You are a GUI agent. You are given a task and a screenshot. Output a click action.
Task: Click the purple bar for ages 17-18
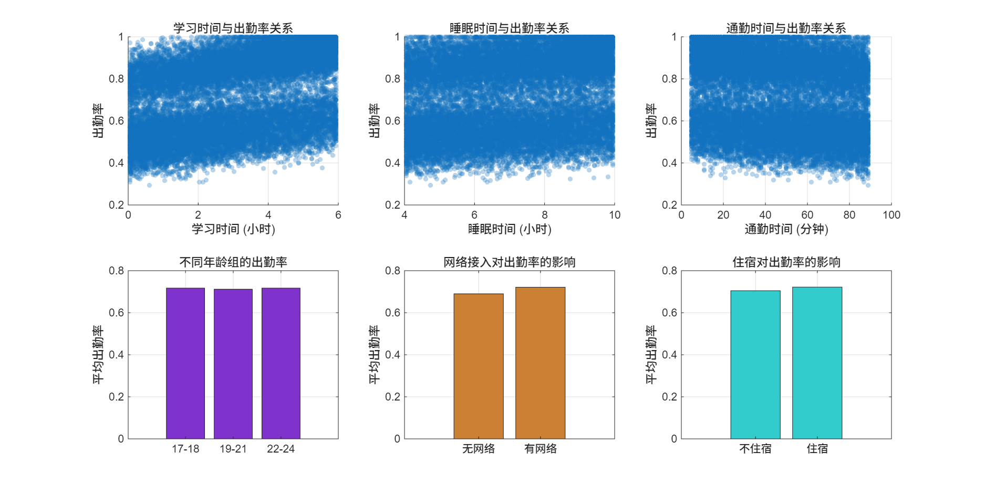coord(185,363)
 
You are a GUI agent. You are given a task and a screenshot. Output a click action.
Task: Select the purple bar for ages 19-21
coord(233,364)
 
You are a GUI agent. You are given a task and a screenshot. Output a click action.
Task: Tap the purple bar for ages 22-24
coord(281,363)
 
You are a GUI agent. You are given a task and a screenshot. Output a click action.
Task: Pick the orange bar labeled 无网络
coord(479,366)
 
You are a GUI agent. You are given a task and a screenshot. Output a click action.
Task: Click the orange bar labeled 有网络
coord(541,363)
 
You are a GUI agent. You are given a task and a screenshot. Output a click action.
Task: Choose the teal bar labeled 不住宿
coord(755,365)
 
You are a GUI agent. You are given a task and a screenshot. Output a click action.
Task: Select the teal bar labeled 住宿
coord(817,363)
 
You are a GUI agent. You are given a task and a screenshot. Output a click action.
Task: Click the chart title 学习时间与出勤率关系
coord(233,28)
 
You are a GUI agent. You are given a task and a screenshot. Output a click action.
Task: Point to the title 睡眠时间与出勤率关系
coord(510,28)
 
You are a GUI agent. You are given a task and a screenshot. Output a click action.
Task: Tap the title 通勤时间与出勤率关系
coord(786,28)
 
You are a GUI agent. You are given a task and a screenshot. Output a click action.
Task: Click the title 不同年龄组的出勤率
coord(233,262)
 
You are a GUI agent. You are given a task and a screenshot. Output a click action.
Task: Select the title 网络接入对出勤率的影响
coord(510,262)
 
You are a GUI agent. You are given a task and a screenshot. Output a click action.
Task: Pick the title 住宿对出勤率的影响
coord(786,262)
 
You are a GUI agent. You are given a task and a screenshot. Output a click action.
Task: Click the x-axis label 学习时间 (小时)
coord(233,229)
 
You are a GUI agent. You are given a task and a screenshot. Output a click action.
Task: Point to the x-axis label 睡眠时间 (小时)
coord(510,229)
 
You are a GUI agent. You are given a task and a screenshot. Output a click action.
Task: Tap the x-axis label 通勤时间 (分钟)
coord(786,229)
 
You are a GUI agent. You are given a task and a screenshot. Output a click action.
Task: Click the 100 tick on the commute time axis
coord(891,215)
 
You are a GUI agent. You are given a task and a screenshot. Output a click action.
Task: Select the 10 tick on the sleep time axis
coord(615,215)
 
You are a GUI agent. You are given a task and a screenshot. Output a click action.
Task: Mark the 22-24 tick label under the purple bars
coord(281,449)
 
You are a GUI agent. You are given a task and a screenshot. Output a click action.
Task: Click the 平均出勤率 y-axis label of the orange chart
coord(374,355)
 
